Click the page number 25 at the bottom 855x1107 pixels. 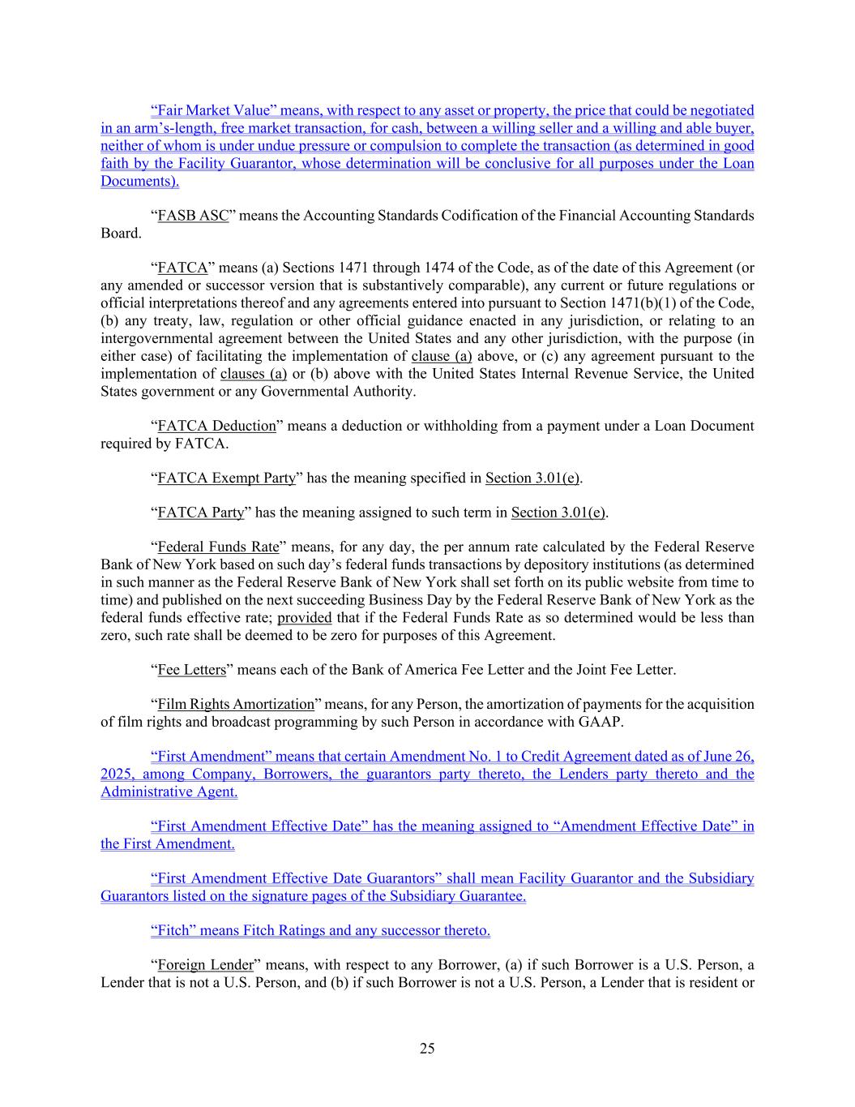tap(427, 1049)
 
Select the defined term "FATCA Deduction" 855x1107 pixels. tap(216, 426)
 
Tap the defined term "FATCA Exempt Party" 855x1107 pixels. tap(226, 478)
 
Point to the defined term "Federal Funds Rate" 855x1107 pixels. tap(218, 547)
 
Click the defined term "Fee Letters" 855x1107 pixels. tap(191, 670)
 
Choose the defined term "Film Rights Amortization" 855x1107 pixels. tap(235, 704)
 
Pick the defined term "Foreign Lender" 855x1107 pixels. tap(205, 965)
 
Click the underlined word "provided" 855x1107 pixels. tap(305, 617)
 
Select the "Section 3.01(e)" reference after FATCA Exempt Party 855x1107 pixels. tap(532, 478)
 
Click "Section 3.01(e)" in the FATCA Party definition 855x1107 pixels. tap(558, 513)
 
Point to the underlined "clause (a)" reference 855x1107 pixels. tap(442, 356)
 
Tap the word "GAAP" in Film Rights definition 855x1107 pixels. tap(597, 722)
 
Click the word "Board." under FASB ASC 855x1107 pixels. tap(121, 234)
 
